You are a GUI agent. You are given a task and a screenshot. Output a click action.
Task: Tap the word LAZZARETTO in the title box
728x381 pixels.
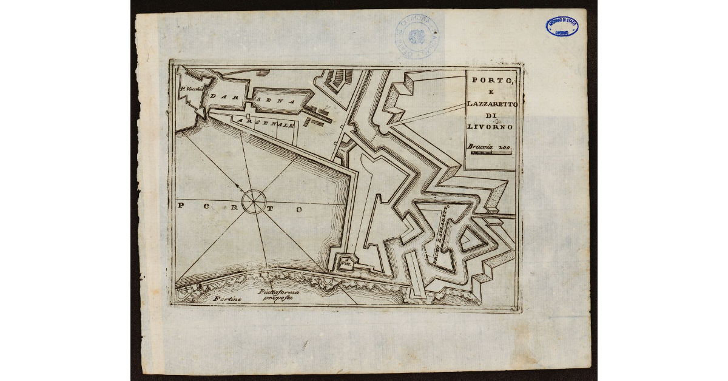pyautogui.click(x=492, y=104)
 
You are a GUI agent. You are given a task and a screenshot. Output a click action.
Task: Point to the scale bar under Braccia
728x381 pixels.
pyautogui.click(x=491, y=153)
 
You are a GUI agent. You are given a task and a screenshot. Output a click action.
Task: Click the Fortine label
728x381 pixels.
pyautogui.click(x=227, y=298)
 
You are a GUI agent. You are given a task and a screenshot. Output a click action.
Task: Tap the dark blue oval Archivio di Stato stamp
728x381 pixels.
pyautogui.click(x=562, y=27)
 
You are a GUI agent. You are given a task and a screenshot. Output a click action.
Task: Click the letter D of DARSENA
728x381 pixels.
pyautogui.click(x=214, y=96)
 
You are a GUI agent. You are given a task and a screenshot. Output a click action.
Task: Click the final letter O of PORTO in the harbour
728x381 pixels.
pyautogui.click(x=298, y=209)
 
